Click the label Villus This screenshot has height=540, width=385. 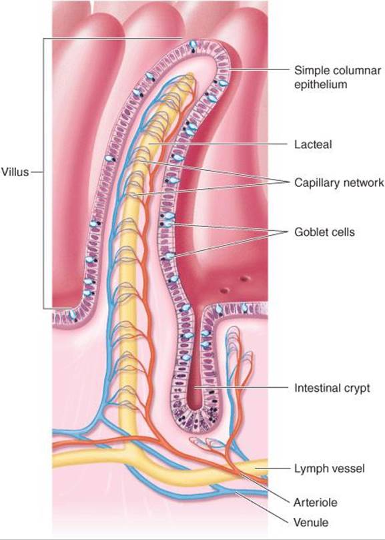pos(15,172)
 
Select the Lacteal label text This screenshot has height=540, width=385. pos(313,144)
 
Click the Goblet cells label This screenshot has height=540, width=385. pos(324,232)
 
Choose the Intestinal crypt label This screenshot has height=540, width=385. pos(332,388)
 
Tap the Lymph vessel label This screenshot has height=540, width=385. pos(329,469)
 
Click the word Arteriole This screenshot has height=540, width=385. pos(315,503)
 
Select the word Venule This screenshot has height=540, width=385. pos(311,523)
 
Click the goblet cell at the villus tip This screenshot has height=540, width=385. pos(194,46)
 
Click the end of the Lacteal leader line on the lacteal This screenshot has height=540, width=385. pos(151,144)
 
